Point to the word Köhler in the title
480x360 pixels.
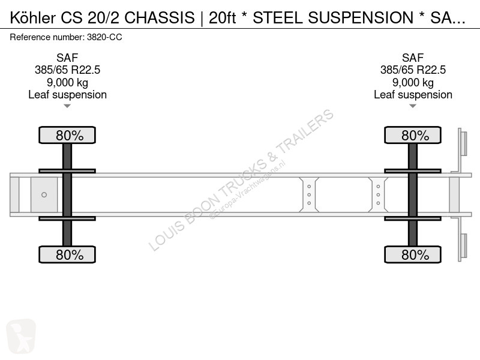(x=34, y=19)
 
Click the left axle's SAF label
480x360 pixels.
(x=67, y=58)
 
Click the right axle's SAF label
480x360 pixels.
(x=413, y=58)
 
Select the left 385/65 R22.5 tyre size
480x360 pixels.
(x=67, y=70)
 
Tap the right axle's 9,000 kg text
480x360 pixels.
(x=413, y=82)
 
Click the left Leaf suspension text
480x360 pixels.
(x=67, y=95)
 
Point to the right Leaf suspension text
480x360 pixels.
(x=413, y=95)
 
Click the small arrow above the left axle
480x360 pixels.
(x=67, y=106)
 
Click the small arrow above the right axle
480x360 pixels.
(x=413, y=106)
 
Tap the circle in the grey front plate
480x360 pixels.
(x=44, y=194)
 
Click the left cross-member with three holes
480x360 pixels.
(x=309, y=194)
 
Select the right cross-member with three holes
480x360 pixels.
(x=378, y=194)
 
